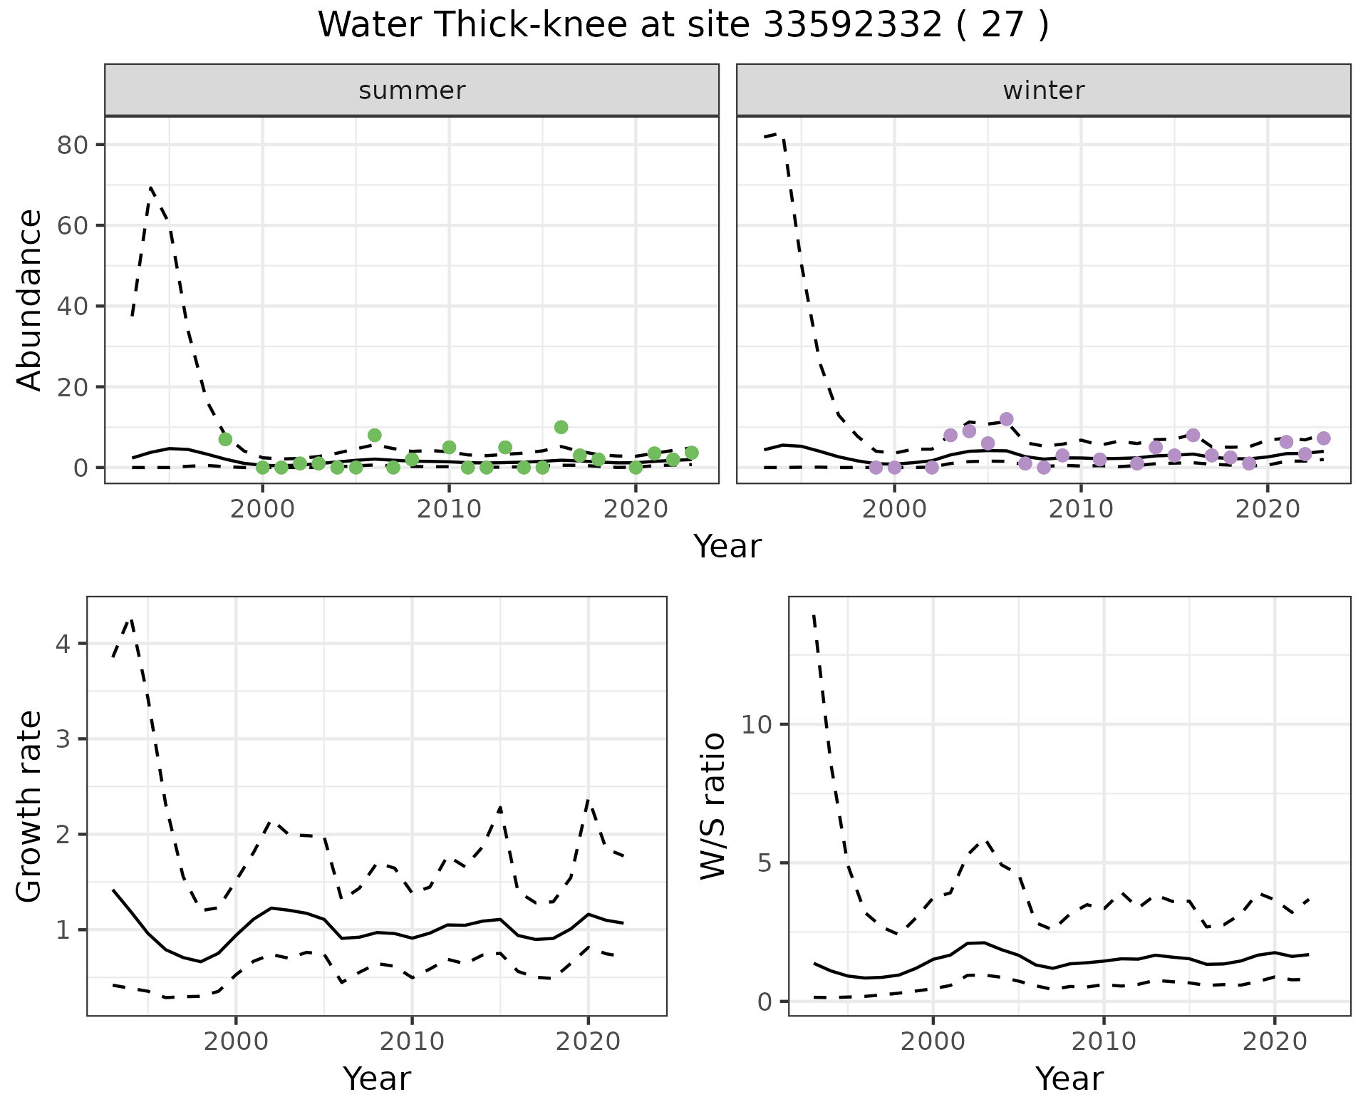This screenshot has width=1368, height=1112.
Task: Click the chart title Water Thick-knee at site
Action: point(683,26)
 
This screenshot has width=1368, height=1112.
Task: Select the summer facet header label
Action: point(412,91)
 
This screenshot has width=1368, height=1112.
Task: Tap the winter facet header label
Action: point(1043,91)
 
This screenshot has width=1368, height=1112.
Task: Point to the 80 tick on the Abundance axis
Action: point(72,145)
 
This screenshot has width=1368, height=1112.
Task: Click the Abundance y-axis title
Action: point(29,299)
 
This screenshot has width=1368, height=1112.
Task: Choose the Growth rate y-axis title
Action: point(29,806)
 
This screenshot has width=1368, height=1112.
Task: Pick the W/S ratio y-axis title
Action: point(713,806)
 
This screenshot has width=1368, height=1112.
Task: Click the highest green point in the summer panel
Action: point(561,427)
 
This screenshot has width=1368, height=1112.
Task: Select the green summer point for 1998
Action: point(225,439)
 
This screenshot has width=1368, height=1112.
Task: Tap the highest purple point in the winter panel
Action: point(1006,419)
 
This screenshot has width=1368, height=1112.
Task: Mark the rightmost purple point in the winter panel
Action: point(1323,438)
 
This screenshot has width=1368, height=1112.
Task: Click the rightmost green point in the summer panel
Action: point(691,453)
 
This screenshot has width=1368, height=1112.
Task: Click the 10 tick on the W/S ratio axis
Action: point(757,725)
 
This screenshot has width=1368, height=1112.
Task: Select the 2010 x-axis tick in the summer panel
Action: point(449,510)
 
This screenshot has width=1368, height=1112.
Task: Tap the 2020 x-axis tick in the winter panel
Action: point(1268,510)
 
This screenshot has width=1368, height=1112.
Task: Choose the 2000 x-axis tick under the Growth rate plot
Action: point(236,1041)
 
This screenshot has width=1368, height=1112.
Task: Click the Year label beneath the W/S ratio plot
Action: point(1069,1078)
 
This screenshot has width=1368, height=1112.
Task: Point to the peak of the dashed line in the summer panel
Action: point(151,187)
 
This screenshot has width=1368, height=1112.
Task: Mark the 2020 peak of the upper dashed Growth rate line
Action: point(588,800)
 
